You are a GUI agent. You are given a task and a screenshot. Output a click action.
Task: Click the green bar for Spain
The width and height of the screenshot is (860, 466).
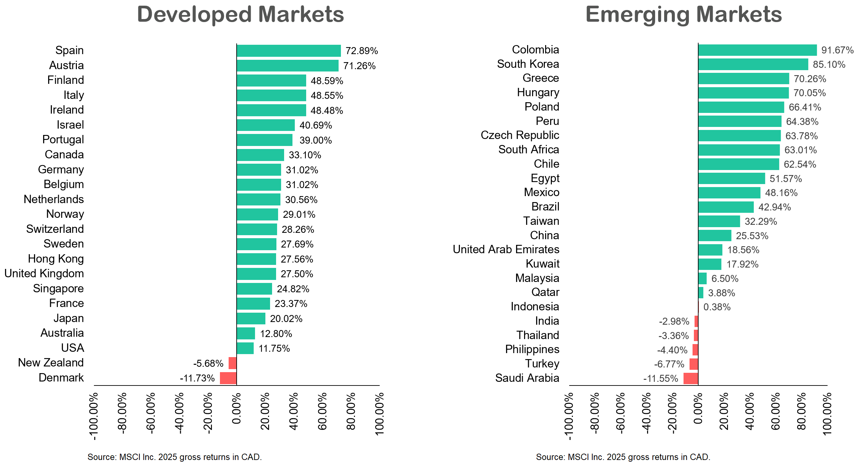289,51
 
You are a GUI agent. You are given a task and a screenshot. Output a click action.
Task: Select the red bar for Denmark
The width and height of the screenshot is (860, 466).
228,378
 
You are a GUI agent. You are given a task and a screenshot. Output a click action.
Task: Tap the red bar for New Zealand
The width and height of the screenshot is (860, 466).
233,363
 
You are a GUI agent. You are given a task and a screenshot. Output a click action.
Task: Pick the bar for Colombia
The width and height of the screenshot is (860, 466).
757,50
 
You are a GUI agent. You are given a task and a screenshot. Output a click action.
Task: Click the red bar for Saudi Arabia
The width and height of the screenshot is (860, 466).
691,378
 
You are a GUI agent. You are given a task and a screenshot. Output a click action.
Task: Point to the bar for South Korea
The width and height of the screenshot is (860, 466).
753,64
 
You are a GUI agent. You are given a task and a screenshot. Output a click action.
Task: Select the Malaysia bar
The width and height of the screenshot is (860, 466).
703,279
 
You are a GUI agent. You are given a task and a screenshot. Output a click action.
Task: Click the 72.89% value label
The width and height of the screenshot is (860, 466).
362,51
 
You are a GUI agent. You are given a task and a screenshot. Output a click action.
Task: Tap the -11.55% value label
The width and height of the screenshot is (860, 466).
661,378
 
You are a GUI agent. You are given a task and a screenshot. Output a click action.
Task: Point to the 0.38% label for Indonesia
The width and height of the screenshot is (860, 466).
717,307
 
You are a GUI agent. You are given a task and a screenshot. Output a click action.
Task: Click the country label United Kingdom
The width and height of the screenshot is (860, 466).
44,274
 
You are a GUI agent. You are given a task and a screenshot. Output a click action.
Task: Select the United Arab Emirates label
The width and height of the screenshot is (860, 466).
506,250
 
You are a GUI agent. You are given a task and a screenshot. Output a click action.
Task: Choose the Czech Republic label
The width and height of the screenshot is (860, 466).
520,135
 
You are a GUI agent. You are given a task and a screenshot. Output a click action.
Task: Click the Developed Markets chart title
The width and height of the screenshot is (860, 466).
240,14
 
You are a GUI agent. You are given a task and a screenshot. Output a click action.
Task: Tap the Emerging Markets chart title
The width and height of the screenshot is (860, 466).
684,14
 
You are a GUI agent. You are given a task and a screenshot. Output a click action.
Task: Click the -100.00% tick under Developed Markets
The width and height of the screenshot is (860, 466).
94,416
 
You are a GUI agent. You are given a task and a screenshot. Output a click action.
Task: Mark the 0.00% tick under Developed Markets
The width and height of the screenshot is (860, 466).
237,408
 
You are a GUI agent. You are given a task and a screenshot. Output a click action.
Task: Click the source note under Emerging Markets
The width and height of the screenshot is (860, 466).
623,457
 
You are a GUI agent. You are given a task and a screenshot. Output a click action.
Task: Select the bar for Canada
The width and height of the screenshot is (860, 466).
260,155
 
